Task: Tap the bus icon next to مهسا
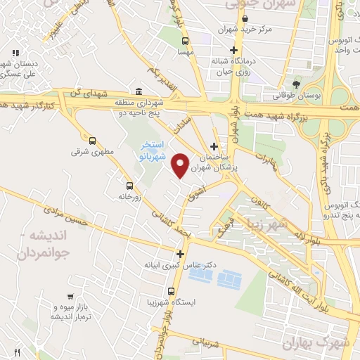[185, 40]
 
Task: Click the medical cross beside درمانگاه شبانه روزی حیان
[236, 50]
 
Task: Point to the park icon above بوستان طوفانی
[296, 84]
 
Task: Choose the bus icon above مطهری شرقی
[93, 140]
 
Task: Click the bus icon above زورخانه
[129, 186]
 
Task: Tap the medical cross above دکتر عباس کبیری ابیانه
[181, 254]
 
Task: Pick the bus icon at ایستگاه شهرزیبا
[172, 291]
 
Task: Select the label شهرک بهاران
[311, 342]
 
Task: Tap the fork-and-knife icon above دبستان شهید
[15, 53]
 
